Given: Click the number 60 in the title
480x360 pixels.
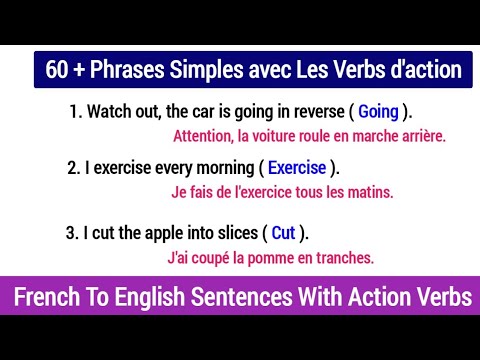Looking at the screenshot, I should (56, 71).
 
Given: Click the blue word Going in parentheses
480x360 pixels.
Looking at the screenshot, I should (377, 112).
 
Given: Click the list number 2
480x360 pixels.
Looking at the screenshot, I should (73, 167).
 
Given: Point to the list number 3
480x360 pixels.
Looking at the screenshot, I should (71, 233).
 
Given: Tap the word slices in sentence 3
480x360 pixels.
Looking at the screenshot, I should (234, 233).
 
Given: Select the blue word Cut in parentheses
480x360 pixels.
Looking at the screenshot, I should (283, 233).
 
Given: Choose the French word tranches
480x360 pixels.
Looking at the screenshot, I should (345, 258).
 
